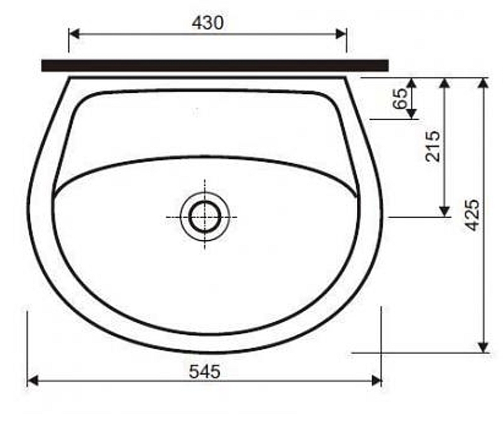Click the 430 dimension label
pyautogui.click(x=207, y=23)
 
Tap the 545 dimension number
pyautogui.click(x=205, y=371)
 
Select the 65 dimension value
pyautogui.click(x=400, y=98)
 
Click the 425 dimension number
pyautogui.click(x=473, y=215)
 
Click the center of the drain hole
pyautogui.click(x=205, y=217)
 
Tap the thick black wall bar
pyautogui.click(x=215, y=65)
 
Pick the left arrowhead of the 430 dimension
pyautogui.click(x=74, y=34)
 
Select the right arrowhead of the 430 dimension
pyautogui.click(x=341, y=34)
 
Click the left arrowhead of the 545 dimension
pyautogui.click(x=33, y=381)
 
